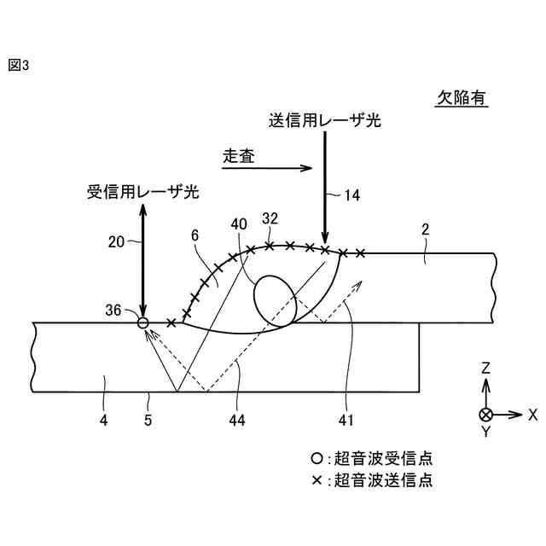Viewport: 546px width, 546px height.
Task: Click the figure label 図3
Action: click(x=18, y=66)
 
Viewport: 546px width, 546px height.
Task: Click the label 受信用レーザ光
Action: click(x=143, y=192)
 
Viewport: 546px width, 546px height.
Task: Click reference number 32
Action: click(x=270, y=218)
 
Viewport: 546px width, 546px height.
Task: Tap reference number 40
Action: click(x=240, y=224)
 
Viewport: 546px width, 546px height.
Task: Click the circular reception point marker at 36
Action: click(x=143, y=322)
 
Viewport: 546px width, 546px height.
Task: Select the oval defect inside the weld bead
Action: click(x=275, y=299)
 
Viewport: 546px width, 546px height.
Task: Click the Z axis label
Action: click(x=485, y=369)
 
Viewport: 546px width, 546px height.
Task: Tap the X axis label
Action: click(x=532, y=415)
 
